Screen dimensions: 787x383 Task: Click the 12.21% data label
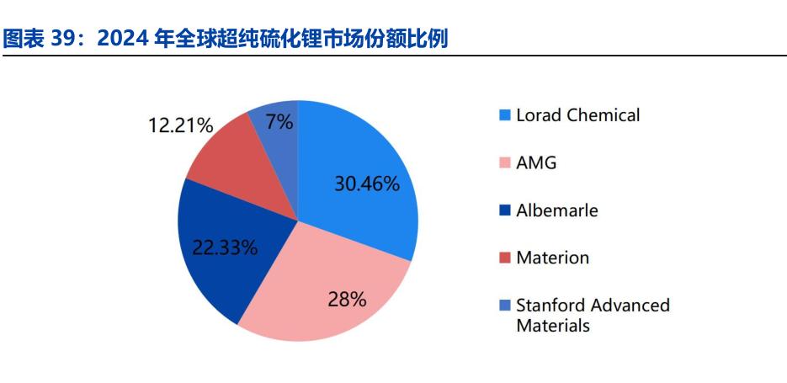[x=181, y=125]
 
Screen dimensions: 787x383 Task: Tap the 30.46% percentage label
[x=367, y=184]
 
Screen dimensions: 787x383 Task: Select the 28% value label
[x=347, y=300]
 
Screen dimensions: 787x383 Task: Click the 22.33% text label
[x=225, y=247]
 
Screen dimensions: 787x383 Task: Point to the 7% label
[x=279, y=122]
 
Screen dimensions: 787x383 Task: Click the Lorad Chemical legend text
[x=578, y=115]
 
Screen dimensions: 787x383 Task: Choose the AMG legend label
[x=536, y=162]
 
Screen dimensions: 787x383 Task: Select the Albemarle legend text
[x=557, y=210]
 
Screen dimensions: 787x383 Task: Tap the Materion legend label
[x=553, y=258]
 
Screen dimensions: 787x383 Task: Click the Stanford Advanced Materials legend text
[x=593, y=315]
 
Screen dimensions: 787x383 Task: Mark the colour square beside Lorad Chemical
[x=505, y=116]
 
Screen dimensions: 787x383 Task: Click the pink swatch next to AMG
[x=505, y=163]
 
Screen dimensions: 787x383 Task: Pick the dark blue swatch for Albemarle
[x=505, y=210]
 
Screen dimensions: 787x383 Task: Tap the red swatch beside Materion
[x=505, y=258]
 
